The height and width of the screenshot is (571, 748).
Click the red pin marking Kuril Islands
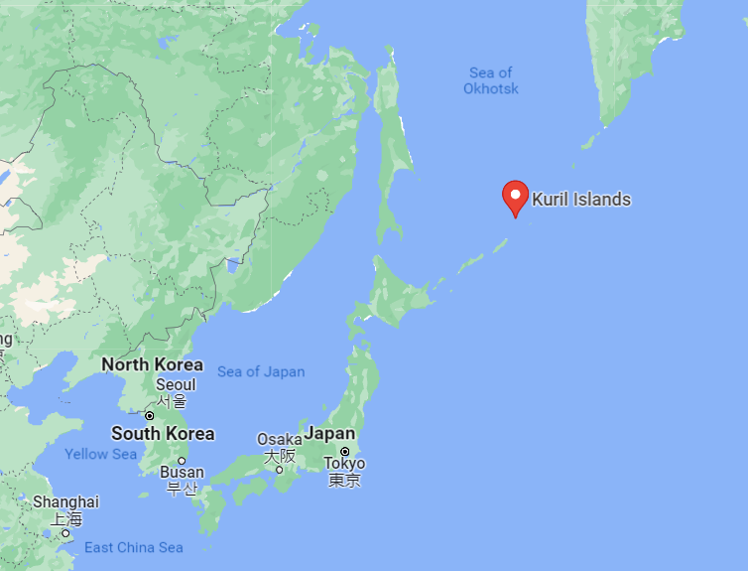coord(515,196)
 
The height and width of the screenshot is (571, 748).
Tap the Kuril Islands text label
coord(581,200)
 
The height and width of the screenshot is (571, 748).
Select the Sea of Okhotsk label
coord(491,80)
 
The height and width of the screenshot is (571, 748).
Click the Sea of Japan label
coord(261,371)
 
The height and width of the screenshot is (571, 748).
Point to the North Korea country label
coord(152,364)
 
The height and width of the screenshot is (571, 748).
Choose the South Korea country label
coord(163,434)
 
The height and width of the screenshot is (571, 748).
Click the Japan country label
coord(329,434)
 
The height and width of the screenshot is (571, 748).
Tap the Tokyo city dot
coord(344,451)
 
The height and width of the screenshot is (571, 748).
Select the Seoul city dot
coord(150,415)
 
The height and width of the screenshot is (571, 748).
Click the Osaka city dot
coord(280,470)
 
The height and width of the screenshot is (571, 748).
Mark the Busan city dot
coord(182,461)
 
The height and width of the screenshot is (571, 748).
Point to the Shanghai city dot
coord(65,533)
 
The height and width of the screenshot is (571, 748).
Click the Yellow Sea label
coord(101,454)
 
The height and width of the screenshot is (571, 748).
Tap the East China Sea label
coord(134,547)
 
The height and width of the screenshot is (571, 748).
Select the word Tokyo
coord(344,464)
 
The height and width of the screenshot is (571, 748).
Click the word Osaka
coord(279,440)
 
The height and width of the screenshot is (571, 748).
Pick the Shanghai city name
coord(65,502)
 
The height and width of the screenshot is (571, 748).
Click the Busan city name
coord(182,473)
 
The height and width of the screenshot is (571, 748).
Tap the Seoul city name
coord(175,384)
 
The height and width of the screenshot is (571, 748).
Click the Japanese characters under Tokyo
coord(344,481)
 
